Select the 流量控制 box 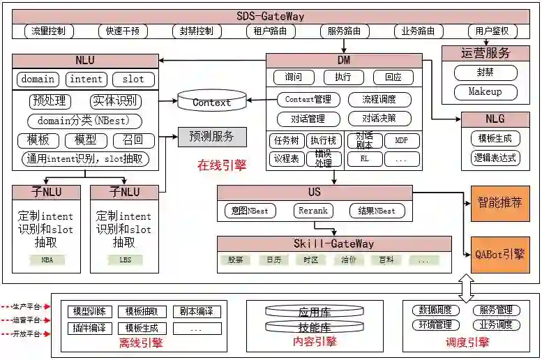(x=49, y=31)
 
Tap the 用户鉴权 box (x=492, y=31)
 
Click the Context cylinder (x=211, y=102)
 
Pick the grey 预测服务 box (x=211, y=136)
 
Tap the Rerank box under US (x=313, y=210)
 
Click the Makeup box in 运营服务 (x=485, y=92)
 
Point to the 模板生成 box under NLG (x=495, y=137)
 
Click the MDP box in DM (x=401, y=141)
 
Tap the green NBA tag (x=47, y=260)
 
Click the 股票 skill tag (x=235, y=260)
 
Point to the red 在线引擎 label (x=221, y=165)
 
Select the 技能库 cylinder (x=314, y=327)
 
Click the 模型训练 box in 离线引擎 (x=88, y=312)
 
